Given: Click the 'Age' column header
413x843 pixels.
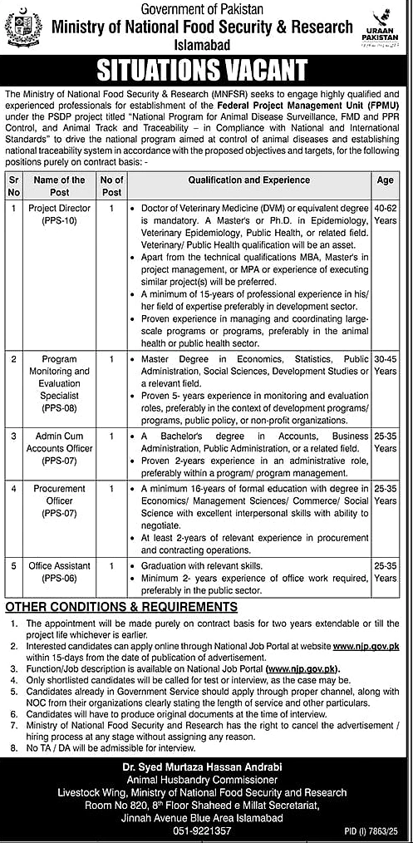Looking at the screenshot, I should point(385,180).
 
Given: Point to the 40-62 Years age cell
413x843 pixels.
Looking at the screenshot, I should point(385,213).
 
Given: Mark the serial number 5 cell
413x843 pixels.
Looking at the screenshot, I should point(12,564).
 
